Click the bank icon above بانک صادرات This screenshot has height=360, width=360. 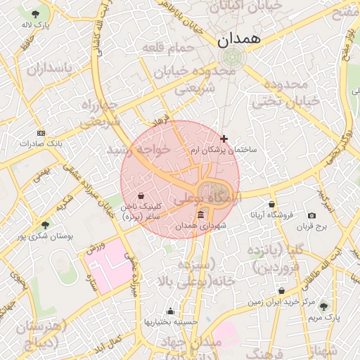point(41,132)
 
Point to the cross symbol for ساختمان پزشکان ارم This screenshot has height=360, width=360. point(224,139)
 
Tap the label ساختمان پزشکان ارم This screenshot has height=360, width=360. point(224,150)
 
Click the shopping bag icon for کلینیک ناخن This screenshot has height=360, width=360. point(141,195)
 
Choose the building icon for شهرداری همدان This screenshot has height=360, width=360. point(201,214)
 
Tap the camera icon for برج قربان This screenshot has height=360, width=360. point(311,215)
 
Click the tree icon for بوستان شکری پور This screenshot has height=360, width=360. point(46,225)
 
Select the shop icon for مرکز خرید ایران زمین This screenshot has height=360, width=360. point(282,290)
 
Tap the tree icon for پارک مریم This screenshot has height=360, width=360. point(323,306)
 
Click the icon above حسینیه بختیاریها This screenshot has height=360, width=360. point(169,311)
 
